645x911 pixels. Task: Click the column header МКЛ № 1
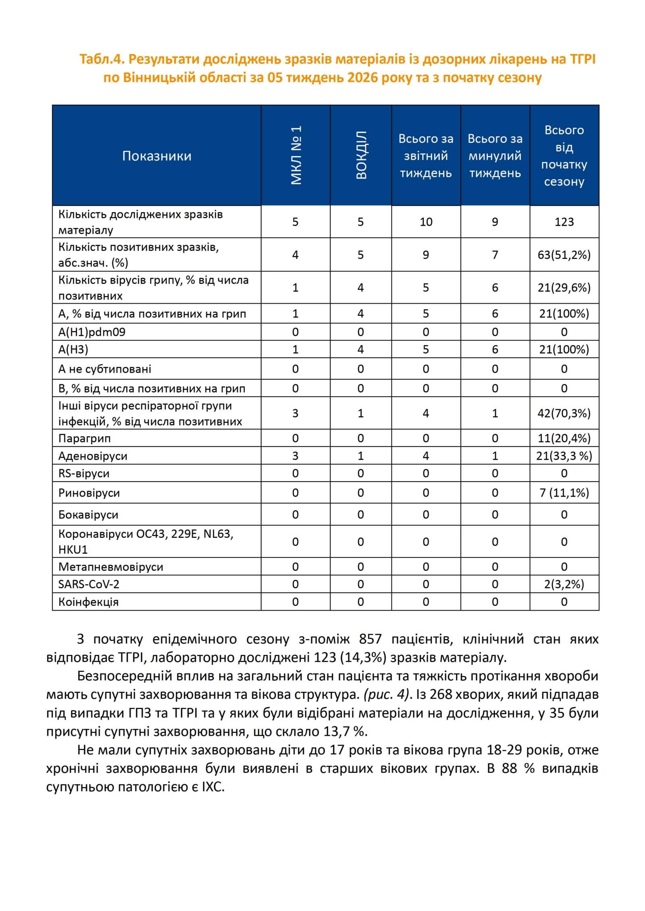[x=296, y=155]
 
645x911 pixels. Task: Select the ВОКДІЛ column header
[x=361, y=155]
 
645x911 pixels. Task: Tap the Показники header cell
[x=157, y=156]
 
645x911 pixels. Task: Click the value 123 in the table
[x=564, y=222]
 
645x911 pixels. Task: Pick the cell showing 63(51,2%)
[x=564, y=255]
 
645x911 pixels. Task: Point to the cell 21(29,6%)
[x=564, y=288]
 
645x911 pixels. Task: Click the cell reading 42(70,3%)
[x=564, y=413]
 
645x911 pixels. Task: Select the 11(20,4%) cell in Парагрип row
[x=564, y=438]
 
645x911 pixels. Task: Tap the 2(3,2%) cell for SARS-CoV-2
[x=564, y=584]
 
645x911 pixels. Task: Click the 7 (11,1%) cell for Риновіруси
[x=564, y=493]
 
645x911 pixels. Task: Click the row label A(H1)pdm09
[x=92, y=332]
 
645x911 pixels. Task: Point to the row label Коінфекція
[x=88, y=602]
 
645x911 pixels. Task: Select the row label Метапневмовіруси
[x=111, y=567]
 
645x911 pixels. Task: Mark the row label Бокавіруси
[x=88, y=515]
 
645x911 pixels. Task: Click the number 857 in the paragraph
[x=370, y=639]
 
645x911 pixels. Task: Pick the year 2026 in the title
[x=362, y=77]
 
